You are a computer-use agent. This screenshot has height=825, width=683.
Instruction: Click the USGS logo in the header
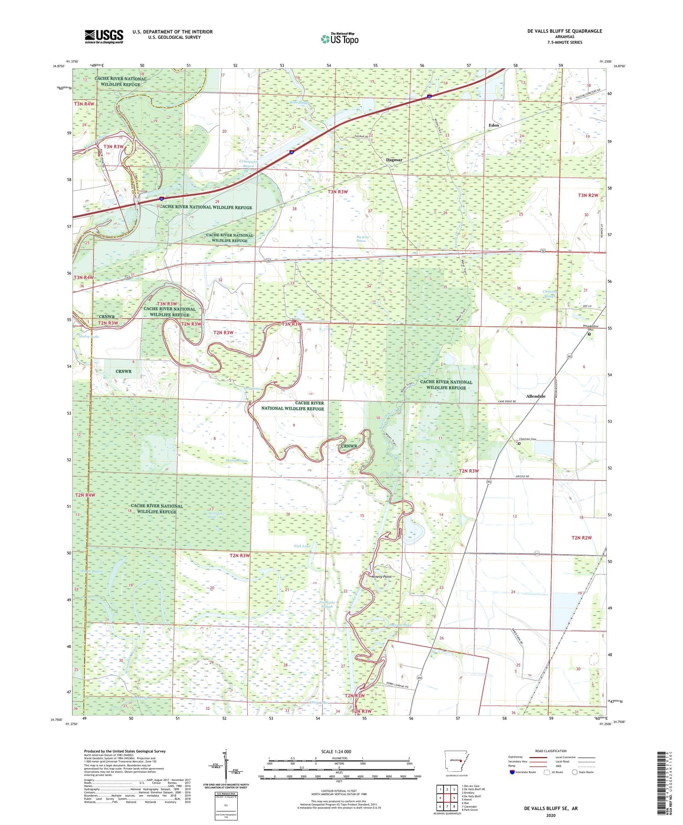tap(104, 36)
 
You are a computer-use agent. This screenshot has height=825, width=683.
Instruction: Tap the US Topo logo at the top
tap(340, 39)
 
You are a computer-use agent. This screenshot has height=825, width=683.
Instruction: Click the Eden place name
tap(494, 125)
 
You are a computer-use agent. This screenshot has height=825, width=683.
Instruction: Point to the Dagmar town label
tap(394, 160)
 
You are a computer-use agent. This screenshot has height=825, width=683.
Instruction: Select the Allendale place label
tap(535, 396)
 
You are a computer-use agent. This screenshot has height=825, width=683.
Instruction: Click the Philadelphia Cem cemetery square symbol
tap(589, 334)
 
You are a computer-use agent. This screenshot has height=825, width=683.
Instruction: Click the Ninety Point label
tap(381, 577)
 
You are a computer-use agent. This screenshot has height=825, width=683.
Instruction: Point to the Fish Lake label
tap(302, 546)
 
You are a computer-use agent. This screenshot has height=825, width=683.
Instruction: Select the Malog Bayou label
tap(237, 461)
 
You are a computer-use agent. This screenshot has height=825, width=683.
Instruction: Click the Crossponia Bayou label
tap(248, 163)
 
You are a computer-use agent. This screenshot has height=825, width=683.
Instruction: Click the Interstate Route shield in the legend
tap(512, 772)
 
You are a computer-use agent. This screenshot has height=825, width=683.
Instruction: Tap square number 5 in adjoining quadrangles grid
tap(454, 798)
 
